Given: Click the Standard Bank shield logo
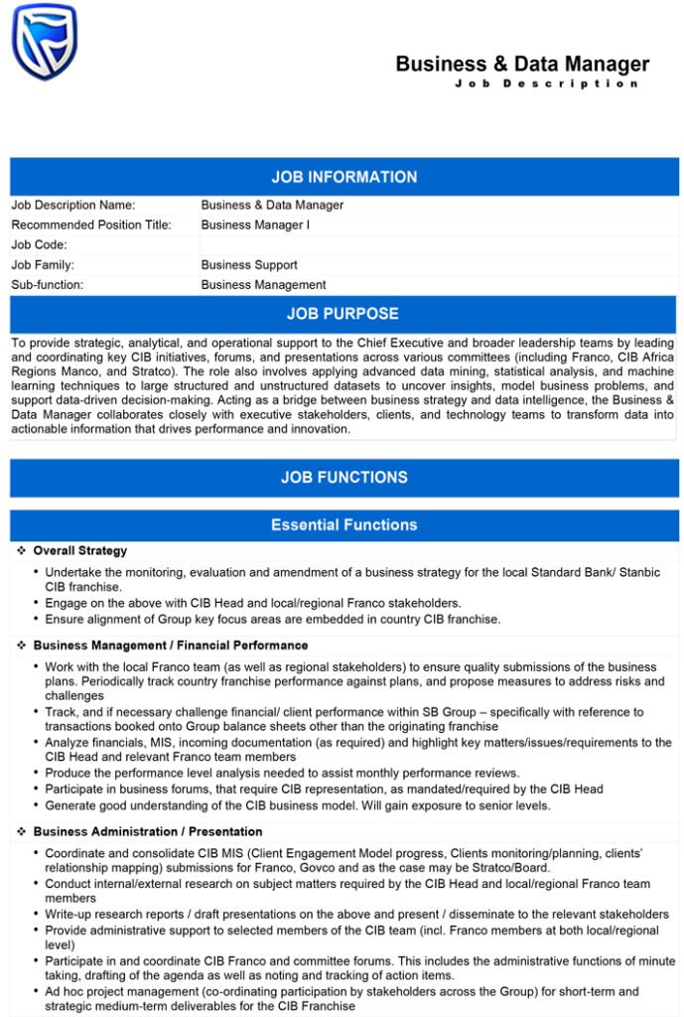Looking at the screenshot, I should (x=44, y=42).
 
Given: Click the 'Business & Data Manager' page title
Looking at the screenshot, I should (x=522, y=65).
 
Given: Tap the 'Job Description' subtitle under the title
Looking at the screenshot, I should (x=546, y=83).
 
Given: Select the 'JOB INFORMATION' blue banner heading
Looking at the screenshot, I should (x=343, y=177).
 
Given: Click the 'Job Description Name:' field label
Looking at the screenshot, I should (x=73, y=206).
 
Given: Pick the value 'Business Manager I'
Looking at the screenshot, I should (x=255, y=225).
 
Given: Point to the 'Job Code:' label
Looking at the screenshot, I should (x=40, y=245).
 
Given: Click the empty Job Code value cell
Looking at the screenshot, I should (x=437, y=245).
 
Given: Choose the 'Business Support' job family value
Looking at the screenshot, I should (x=249, y=265).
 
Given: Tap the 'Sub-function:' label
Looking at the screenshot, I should (x=48, y=285).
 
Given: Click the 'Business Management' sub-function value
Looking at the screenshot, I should (x=263, y=285).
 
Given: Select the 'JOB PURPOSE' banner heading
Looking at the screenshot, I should (x=342, y=314).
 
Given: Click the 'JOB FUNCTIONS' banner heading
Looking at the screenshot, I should (x=343, y=478).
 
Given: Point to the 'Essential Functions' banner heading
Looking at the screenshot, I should (x=343, y=524).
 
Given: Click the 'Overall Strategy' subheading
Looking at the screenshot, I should (x=80, y=551).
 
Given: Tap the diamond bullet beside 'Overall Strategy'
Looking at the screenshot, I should (x=21, y=551).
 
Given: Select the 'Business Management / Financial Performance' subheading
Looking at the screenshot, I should (x=171, y=646).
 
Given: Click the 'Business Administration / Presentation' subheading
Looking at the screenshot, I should (x=148, y=831).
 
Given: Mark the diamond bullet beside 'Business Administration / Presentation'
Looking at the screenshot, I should (x=21, y=831).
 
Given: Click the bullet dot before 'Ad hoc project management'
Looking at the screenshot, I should (x=36, y=991).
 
